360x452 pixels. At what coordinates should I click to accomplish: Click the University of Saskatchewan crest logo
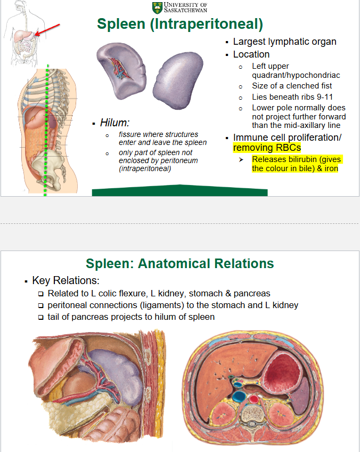(158, 7)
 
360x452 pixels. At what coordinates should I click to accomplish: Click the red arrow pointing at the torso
(48, 30)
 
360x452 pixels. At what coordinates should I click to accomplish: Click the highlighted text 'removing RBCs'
(267, 147)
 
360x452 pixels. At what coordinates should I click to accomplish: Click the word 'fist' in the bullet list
(325, 86)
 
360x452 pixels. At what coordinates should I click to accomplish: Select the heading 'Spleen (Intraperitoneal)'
(180, 24)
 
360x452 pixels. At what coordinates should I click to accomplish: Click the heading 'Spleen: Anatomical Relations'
(180, 263)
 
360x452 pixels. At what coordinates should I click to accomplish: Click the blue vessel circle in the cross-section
(239, 397)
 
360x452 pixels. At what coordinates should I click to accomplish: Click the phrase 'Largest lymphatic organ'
(284, 42)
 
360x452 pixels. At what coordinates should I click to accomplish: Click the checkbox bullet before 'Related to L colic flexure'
(41, 294)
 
